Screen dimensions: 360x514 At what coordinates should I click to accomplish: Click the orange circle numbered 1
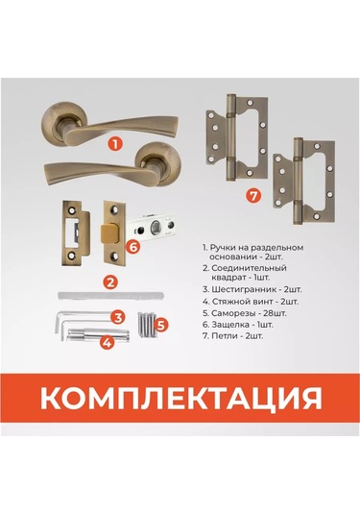click(115, 143)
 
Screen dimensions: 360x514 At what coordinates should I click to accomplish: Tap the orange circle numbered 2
click(110, 281)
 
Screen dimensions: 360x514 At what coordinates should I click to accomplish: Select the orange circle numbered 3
click(117, 317)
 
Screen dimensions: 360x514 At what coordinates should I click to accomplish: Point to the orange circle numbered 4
click(108, 343)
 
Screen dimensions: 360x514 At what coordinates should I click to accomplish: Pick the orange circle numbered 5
click(161, 325)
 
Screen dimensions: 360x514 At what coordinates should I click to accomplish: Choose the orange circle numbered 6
click(133, 247)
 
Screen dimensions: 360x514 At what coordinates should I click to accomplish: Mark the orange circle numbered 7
click(253, 196)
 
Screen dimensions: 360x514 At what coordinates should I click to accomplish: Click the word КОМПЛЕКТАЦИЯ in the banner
click(181, 398)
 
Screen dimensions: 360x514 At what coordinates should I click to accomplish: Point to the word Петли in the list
click(224, 336)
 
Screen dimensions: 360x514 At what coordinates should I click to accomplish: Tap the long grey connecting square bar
click(111, 295)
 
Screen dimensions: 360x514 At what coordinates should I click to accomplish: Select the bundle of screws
click(147, 325)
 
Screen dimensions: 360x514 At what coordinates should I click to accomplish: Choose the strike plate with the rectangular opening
click(76, 233)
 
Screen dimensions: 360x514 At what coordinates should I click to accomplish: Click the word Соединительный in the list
click(249, 268)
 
